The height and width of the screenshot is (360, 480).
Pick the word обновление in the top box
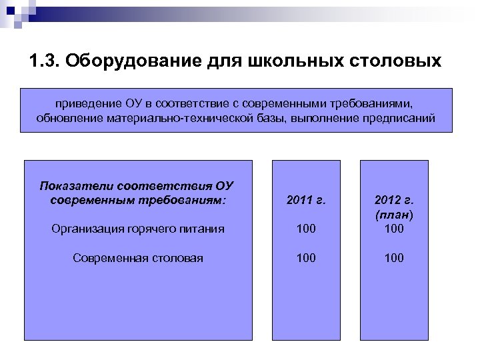point(66,119)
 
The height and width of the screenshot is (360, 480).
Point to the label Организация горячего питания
point(137,229)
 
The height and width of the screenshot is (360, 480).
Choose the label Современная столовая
point(137,258)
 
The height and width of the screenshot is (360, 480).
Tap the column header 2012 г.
point(393,199)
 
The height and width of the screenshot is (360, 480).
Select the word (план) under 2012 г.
point(393,215)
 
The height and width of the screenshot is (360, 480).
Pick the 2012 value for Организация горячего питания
point(393,229)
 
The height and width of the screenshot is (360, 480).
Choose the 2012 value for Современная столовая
point(393,258)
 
